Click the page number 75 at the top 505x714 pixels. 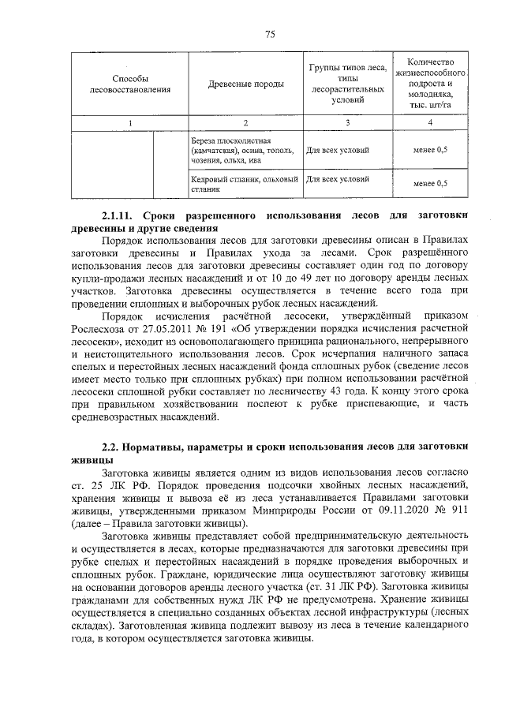[268, 33]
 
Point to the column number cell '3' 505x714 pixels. [348, 122]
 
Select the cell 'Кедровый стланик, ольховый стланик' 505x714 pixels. [245, 183]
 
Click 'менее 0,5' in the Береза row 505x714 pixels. [430, 150]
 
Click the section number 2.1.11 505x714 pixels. [119, 215]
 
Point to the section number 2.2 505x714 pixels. [113, 448]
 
